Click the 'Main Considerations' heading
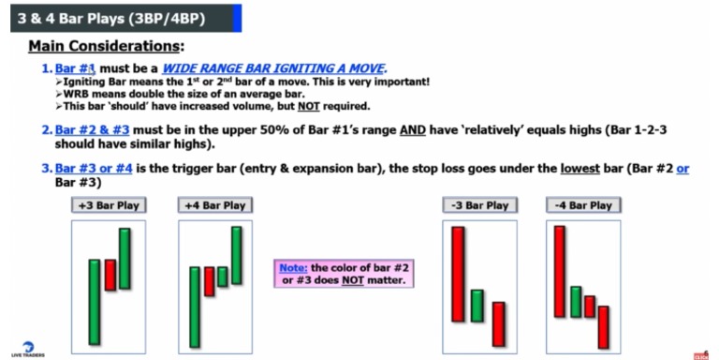[x=106, y=45]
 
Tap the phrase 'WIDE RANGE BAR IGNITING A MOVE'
[x=286, y=68]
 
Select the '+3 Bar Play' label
[x=104, y=204]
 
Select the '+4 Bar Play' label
[x=214, y=204]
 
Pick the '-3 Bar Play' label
[x=476, y=204]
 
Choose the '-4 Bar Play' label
[x=582, y=204]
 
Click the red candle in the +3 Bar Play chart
[x=110, y=275]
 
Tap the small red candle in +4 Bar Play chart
[x=209, y=281]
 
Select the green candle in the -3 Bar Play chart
[x=477, y=306]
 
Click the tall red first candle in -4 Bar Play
[x=560, y=271]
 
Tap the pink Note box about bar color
[x=344, y=274]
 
